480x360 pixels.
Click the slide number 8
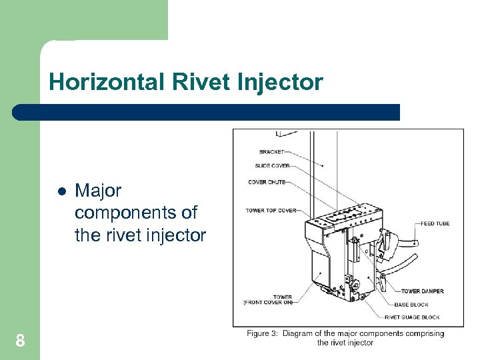pos(20,341)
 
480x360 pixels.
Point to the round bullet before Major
pos(61,191)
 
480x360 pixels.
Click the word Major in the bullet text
pos(98,191)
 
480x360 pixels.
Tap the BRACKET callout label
pos(271,152)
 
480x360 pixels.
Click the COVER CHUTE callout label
pos(267,182)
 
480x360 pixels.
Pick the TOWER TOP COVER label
pos(271,211)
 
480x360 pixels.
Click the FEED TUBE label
pos(435,223)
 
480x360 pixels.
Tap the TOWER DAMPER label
pos(423,291)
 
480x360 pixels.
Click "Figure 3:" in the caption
pos(262,333)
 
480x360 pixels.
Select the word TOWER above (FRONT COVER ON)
pos(282,297)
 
